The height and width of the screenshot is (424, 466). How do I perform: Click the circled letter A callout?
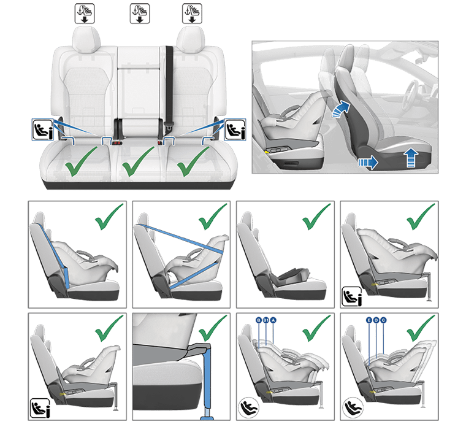274,320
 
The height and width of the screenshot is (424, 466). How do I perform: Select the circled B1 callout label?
266,320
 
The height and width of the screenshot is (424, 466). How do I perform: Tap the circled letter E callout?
369,320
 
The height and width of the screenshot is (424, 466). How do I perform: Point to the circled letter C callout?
383,320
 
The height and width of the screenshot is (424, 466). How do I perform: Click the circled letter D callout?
376,320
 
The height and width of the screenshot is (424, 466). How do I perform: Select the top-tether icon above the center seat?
139,12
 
